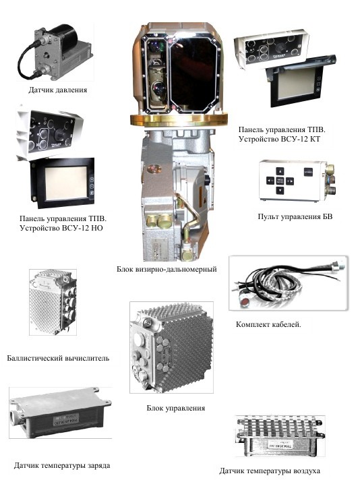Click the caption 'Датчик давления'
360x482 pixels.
pyautogui.click(x=58, y=90)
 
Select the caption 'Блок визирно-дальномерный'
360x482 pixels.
pyautogui.click(x=167, y=269)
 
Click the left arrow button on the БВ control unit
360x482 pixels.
pyautogui.click(x=270, y=181)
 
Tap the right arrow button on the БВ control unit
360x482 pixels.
pyautogui.click(x=290, y=181)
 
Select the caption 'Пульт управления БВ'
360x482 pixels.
pyautogui.click(x=295, y=216)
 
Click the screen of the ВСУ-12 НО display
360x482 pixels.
pyautogui.click(x=66, y=183)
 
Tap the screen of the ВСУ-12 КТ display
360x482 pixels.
pyautogui.click(x=296, y=83)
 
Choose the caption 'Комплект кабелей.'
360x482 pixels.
pyautogui.click(x=268, y=324)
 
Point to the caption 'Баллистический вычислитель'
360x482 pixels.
pyautogui.click(x=58, y=358)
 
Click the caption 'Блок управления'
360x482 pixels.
pyautogui.click(x=175, y=409)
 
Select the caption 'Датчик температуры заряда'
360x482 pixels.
pyautogui.click(x=62, y=465)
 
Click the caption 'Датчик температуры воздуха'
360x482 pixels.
pyautogui.click(x=270, y=471)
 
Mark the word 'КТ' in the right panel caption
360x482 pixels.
pyautogui.click(x=314, y=139)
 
